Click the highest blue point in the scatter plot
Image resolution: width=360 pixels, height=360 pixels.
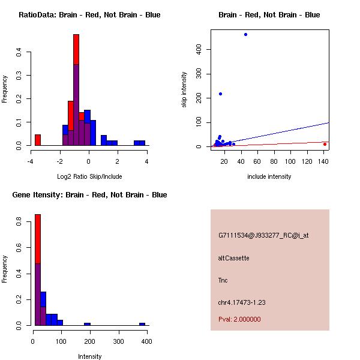tap(245, 35)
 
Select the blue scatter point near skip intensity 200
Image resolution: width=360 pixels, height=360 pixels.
tap(220, 94)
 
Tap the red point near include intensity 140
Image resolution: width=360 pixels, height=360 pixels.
tap(325, 144)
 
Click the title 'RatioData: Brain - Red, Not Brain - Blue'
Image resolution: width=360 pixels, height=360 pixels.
tap(89, 15)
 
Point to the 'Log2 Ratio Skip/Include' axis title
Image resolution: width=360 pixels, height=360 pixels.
tap(89, 176)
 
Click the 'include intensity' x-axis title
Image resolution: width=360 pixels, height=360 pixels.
tap(269, 176)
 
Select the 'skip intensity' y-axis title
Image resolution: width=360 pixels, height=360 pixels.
tap(184, 90)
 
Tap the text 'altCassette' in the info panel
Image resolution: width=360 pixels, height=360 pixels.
tap(233, 258)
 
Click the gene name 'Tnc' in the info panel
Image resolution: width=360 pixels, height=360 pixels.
tap(223, 280)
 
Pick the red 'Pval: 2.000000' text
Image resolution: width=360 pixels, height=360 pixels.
tap(239, 319)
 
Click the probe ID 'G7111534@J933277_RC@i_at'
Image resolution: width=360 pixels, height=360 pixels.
tap(263, 236)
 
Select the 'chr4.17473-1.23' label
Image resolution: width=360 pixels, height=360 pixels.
tap(242, 302)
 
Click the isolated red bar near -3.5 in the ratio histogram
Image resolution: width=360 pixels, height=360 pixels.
tap(38, 140)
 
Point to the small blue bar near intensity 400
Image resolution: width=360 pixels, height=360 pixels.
tap(142, 324)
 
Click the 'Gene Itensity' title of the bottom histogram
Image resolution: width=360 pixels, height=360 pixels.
tap(90, 195)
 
